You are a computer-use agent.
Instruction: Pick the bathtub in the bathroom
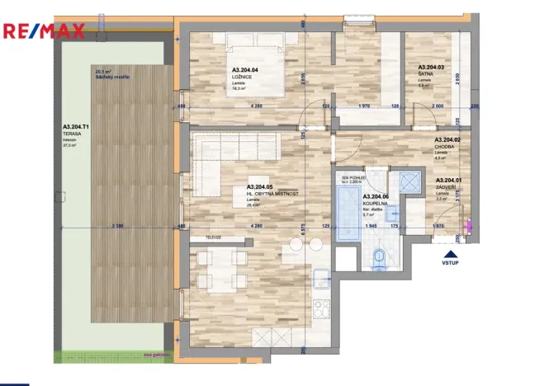click(x=348, y=213)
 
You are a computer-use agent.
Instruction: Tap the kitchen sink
click(x=324, y=278)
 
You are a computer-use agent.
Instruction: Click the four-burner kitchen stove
click(x=322, y=313)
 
